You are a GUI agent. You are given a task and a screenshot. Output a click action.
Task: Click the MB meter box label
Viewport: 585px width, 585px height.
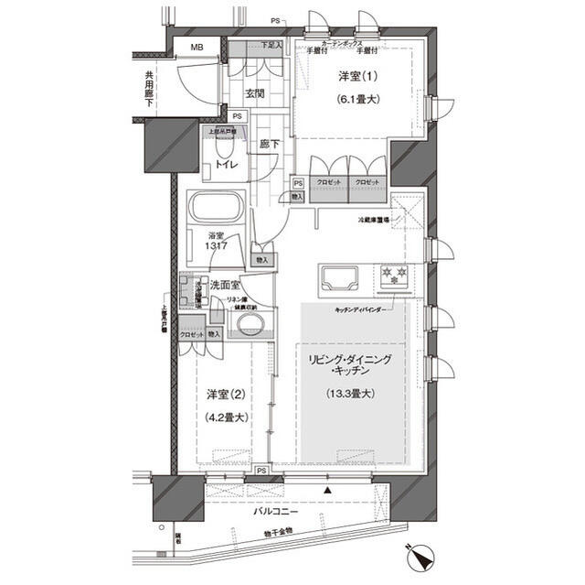pyautogui.click(x=197, y=48)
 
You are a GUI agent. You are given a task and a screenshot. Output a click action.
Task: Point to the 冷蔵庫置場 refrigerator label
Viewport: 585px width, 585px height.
pyautogui.click(x=373, y=221)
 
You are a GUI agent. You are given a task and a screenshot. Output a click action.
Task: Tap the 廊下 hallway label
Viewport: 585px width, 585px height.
pyautogui.click(x=269, y=144)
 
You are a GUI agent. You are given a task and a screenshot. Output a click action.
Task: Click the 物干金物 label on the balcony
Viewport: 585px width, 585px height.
pyautogui.click(x=273, y=531)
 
